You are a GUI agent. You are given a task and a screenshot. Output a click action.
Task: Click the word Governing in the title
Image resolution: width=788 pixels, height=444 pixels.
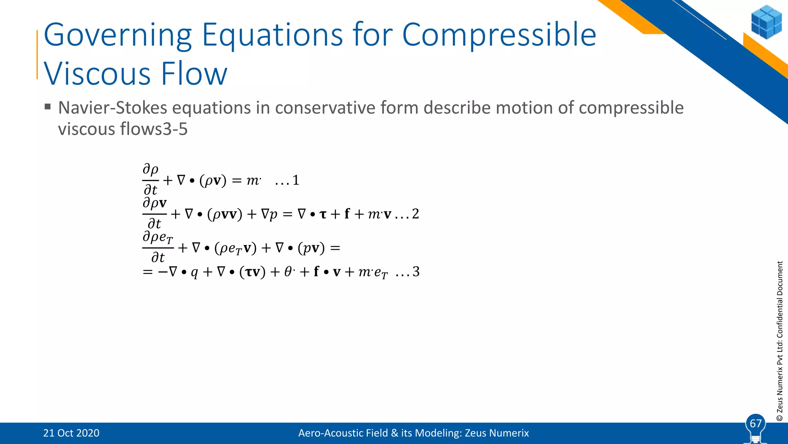click(x=117, y=35)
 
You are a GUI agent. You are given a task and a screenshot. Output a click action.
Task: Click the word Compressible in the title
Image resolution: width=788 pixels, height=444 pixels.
click(x=499, y=35)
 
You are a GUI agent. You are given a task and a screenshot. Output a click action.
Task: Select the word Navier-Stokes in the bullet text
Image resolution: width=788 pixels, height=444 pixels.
click(x=112, y=108)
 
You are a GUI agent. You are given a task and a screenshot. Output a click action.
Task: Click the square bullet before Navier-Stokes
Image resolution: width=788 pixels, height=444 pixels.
click(x=48, y=107)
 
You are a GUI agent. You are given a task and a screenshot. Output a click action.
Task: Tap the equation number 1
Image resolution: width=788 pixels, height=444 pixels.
click(x=295, y=180)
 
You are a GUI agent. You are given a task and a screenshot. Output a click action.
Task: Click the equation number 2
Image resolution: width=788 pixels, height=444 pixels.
click(x=415, y=214)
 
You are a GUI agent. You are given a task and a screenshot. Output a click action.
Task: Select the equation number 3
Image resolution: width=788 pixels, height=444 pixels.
click(x=416, y=272)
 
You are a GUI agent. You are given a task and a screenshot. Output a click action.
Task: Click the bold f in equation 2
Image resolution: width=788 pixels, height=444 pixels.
click(x=347, y=214)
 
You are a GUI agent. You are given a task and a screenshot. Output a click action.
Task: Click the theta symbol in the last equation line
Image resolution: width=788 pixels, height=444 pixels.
click(x=288, y=272)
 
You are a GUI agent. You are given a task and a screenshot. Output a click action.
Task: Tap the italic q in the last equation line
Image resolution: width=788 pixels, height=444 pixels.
click(x=194, y=273)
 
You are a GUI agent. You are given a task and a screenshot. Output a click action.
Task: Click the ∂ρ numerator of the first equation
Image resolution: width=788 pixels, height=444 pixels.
click(x=150, y=169)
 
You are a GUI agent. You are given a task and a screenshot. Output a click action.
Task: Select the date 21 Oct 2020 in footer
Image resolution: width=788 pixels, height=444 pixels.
click(x=71, y=433)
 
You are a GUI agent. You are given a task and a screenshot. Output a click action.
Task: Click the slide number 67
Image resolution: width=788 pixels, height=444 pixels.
click(x=756, y=424)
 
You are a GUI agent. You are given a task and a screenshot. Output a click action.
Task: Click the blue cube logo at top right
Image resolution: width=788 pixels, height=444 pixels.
click(x=766, y=22)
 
